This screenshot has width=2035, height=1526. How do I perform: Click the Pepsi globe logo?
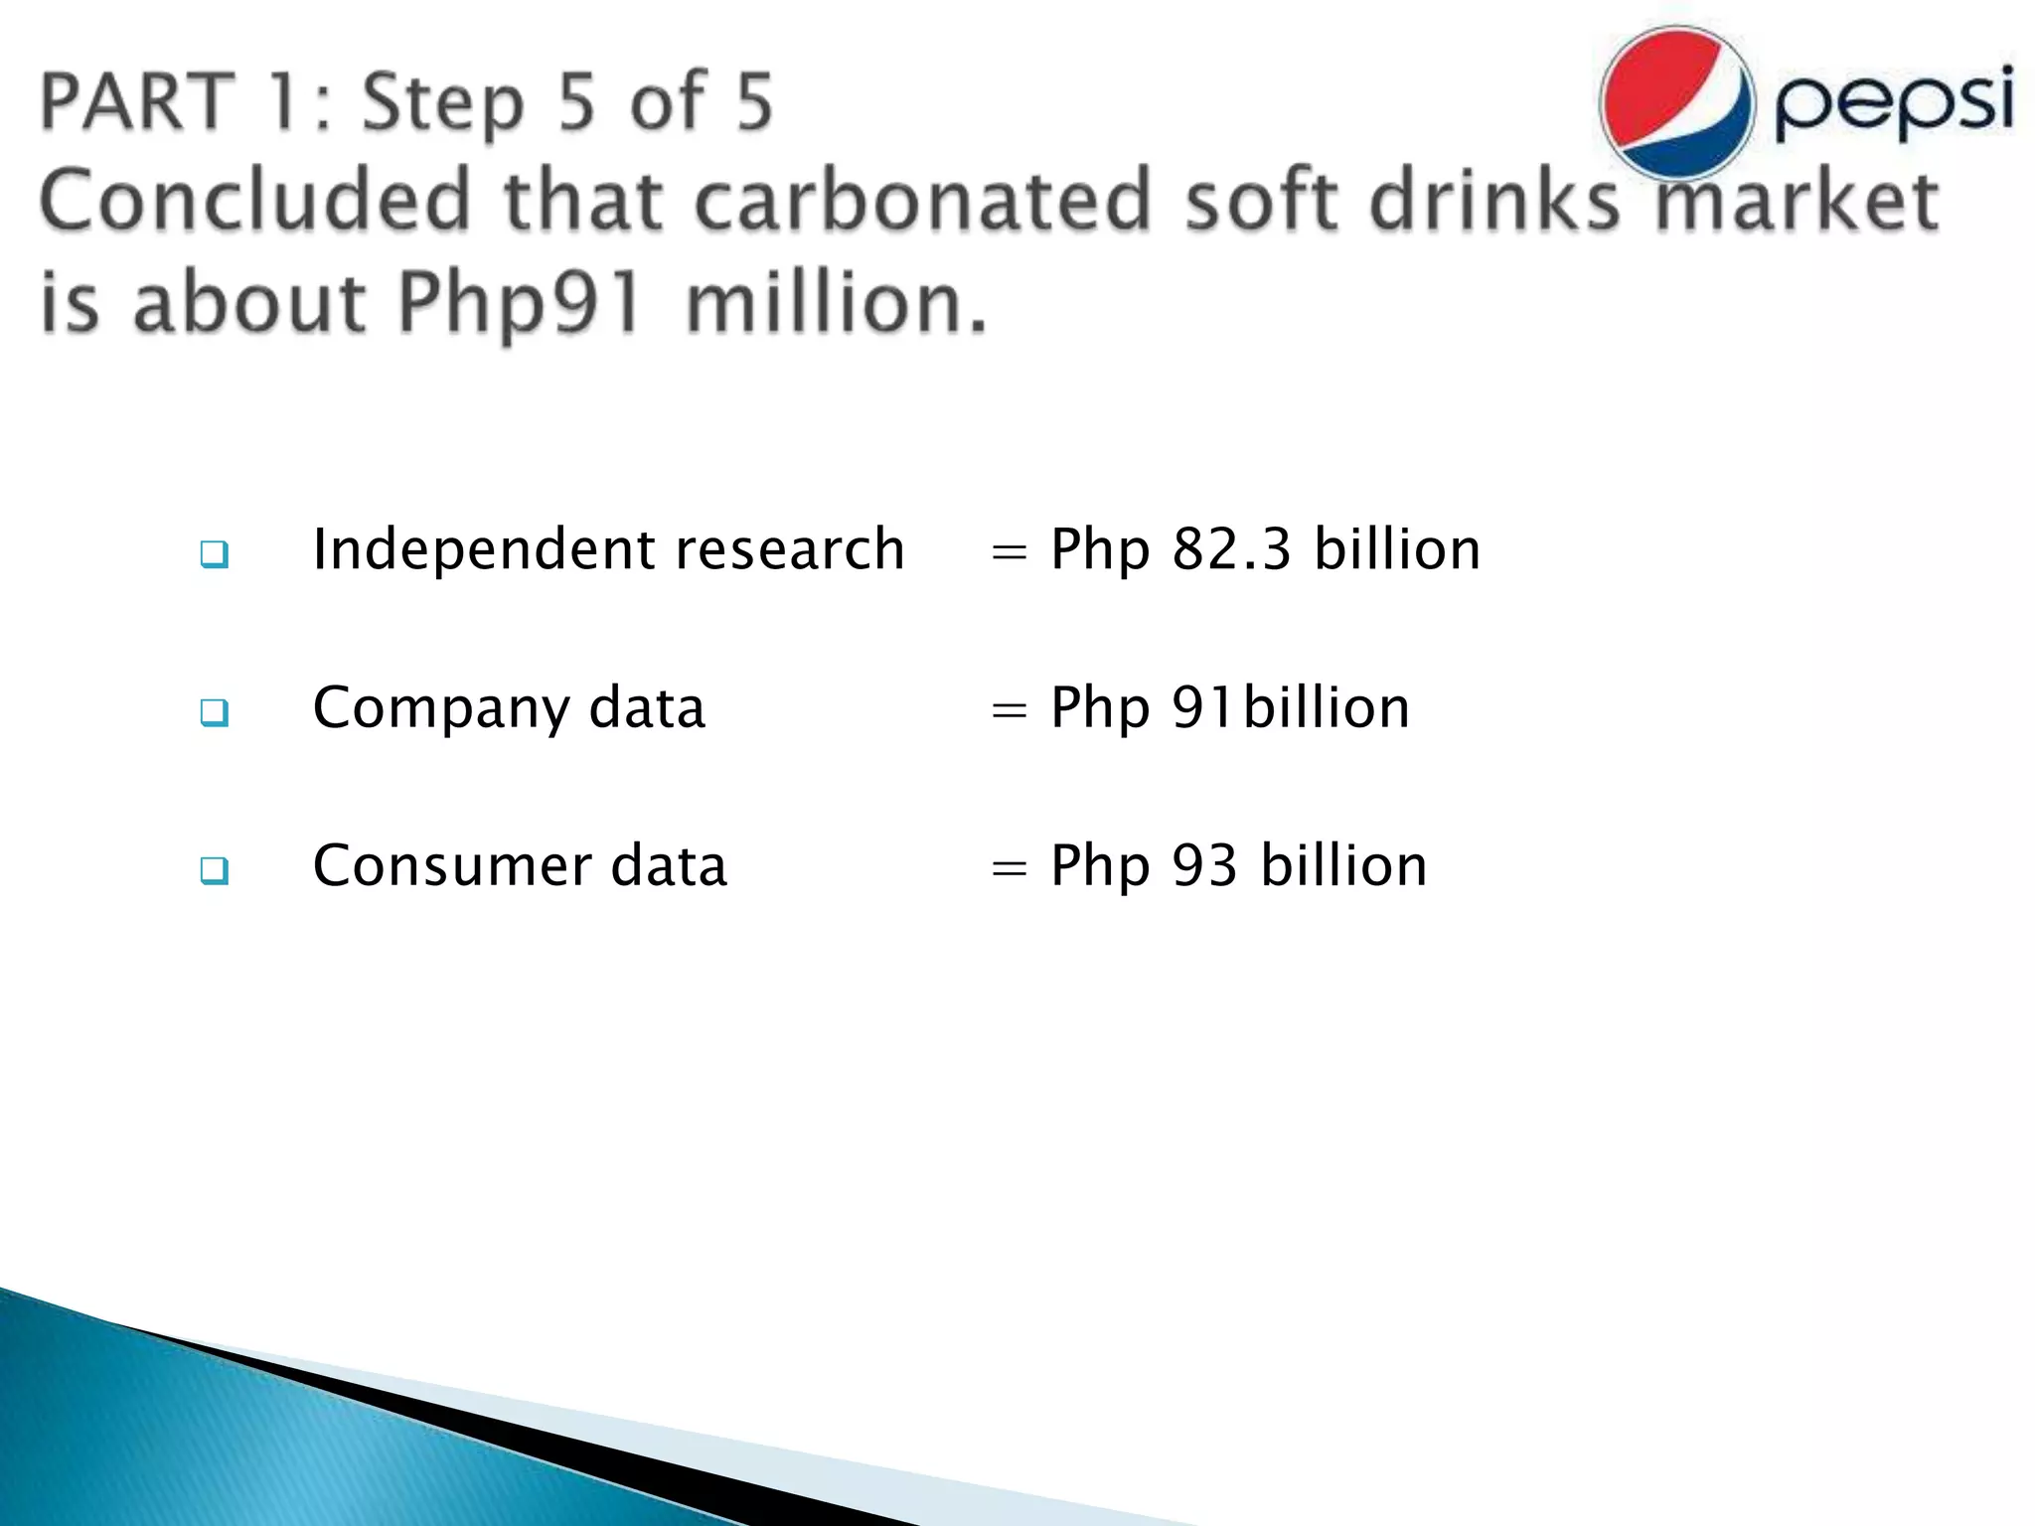pos(1677,103)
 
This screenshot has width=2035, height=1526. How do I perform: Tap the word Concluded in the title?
pos(254,201)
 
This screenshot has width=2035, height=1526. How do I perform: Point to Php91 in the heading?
pos(520,303)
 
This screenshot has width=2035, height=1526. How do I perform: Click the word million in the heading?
pos(837,303)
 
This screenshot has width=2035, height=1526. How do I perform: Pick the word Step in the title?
pos(441,103)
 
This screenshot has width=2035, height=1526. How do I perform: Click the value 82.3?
pos(1231,549)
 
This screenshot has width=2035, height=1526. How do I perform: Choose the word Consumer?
pos(452,865)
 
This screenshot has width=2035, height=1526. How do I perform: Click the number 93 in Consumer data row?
pos(1204,865)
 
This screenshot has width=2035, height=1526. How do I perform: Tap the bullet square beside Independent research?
pos(214,554)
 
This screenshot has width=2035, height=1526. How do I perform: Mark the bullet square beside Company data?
pos(214,712)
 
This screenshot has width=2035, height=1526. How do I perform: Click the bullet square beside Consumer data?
pos(214,870)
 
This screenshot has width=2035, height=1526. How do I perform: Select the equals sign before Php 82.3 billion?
pos(1009,552)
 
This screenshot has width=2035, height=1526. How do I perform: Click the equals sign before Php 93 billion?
pos(1009,869)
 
